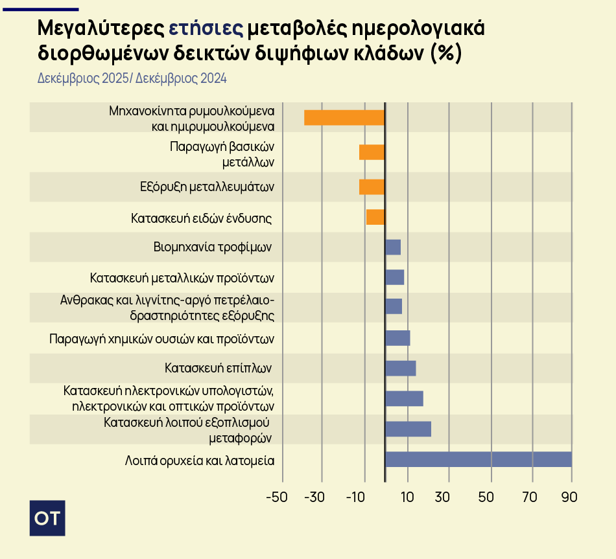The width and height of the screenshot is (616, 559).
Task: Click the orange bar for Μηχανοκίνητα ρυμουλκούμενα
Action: click(x=344, y=117)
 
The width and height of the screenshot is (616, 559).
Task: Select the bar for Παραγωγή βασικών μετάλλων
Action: click(x=372, y=152)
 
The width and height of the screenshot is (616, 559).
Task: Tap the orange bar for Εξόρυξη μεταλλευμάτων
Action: click(x=372, y=187)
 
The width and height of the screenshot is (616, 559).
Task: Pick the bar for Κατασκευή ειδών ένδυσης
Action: click(x=375, y=217)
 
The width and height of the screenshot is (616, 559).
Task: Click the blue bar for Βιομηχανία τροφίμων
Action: click(x=393, y=247)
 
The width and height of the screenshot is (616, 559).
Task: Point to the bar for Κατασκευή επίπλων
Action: click(x=401, y=368)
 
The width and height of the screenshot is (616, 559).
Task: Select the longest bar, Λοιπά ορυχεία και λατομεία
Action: click(x=479, y=459)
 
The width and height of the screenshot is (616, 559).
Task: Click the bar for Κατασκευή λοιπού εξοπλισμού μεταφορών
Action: click(x=409, y=429)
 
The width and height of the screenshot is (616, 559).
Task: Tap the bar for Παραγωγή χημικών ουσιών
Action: click(x=397, y=338)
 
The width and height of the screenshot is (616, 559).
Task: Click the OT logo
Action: click(x=48, y=518)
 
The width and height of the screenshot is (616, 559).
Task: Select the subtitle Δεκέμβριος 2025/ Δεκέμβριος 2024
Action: click(x=132, y=78)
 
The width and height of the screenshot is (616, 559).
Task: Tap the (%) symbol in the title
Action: click(x=445, y=53)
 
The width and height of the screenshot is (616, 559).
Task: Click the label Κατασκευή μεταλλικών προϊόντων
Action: click(x=182, y=279)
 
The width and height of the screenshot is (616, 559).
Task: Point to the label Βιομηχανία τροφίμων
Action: click(x=212, y=247)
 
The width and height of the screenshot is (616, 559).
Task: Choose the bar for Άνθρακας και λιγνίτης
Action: click(x=394, y=306)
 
